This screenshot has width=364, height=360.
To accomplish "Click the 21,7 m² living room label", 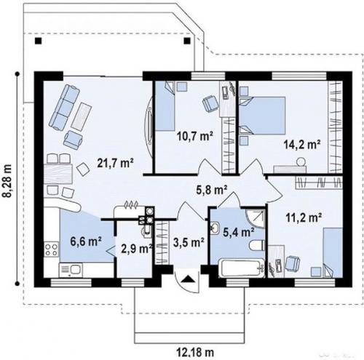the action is tap(116, 163).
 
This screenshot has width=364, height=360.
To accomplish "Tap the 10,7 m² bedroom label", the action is tap(195, 136).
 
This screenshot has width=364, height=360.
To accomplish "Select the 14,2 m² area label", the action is tap(302, 145).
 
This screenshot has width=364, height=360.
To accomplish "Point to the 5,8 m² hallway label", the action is tap(212, 190).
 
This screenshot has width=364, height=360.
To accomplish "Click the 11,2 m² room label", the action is tap(304, 217).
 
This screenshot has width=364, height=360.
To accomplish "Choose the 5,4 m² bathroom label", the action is tap(239, 233).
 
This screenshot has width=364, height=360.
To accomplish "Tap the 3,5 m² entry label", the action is tap(189, 242).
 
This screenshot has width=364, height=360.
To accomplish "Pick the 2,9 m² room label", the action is tap(136, 249).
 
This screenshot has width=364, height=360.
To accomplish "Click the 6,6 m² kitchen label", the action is tap(86, 241).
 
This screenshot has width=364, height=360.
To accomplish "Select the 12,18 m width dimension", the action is tap(195, 352).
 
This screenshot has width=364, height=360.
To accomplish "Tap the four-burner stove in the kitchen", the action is tap(51, 249).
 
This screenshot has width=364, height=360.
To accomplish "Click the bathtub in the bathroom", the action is tap(241, 268).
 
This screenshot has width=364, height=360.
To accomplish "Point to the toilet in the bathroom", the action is tap(257, 245).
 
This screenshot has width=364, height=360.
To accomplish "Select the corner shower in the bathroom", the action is tap(256, 219).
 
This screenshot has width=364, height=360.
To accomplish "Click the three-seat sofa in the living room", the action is tap(64, 107).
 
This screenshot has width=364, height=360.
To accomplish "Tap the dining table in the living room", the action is tap(58, 174).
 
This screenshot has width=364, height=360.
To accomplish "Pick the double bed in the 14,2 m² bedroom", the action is tap(262, 116).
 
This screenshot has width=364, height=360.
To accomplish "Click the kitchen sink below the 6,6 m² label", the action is tap(71, 270).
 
